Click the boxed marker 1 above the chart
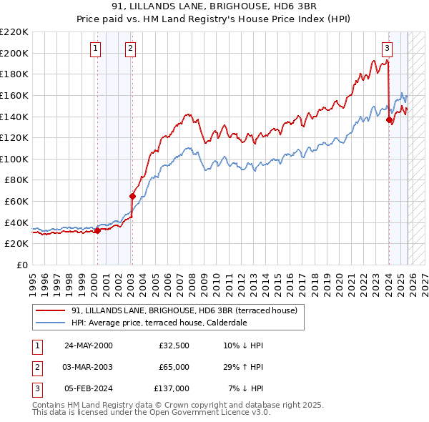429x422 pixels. pyautogui.click(x=96, y=49)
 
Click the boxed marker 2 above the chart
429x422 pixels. pyautogui.click(x=131, y=49)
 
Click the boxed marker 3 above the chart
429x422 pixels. pyautogui.click(x=387, y=49)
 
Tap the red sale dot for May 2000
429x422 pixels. pyautogui.click(x=97, y=230)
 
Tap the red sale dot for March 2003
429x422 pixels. pyautogui.click(x=132, y=196)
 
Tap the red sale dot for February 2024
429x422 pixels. pyautogui.click(x=389, y=119)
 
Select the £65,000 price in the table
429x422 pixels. pyautogui.click(x=174, y=367)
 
